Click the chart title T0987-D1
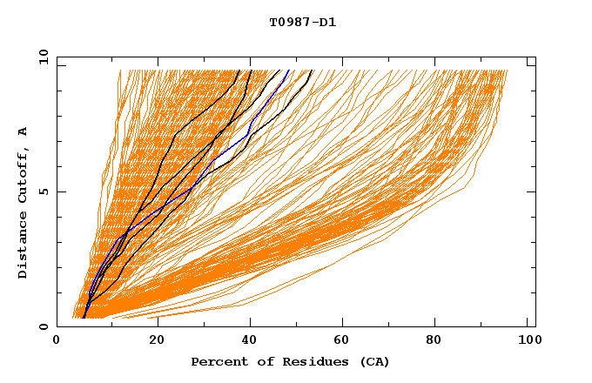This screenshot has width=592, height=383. point(302,22)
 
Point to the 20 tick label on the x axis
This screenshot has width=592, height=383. point(158,340)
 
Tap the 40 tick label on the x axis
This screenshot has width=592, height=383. point(252,340)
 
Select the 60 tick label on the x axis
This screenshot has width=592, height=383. point(346,340)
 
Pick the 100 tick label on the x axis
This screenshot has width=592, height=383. point(528,340)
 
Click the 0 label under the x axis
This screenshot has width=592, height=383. point(57,340)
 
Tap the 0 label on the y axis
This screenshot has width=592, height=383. point(44,326)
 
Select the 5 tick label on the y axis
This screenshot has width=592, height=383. point(44,191)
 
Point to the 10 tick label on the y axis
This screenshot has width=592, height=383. point(41,57)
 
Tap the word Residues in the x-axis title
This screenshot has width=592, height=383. point(298,361)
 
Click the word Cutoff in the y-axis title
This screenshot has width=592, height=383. point(23,178)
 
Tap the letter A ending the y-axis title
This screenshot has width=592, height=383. point(23,131)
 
